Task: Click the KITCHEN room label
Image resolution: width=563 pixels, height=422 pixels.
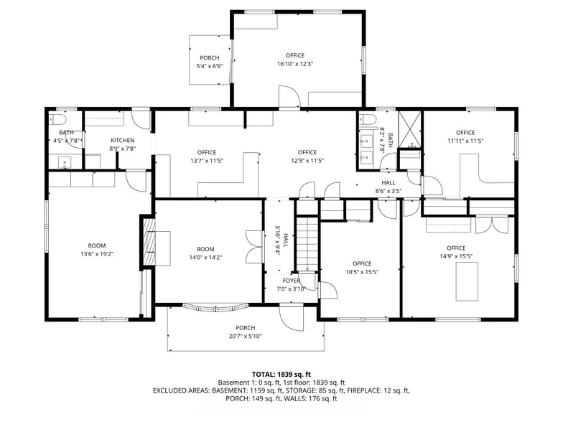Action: pyautogui.click(x=122, y=140)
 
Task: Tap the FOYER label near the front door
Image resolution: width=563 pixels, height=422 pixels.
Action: pyautogui.click(x=292, y=281)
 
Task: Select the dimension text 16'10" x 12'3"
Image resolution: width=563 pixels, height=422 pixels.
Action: pyautogui.click(x=294, y=65)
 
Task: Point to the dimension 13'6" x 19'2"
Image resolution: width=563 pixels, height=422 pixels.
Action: pyautogui.click(x=96, y=255)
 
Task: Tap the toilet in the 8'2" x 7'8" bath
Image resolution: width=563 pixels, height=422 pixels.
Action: pyautogui.click(x=367, y=120)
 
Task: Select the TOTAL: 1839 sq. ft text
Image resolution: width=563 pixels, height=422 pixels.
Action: pyautogui.click(x=281, y=374)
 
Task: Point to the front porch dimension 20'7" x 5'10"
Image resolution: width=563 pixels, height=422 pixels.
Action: pyautogui.click(x=245, y=336)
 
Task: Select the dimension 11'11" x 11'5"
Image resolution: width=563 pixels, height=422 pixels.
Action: pyautogui.click(x=465, y=141)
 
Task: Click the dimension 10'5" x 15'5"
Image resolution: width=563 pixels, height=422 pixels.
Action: pyautogui.click(x=362, y=272)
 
